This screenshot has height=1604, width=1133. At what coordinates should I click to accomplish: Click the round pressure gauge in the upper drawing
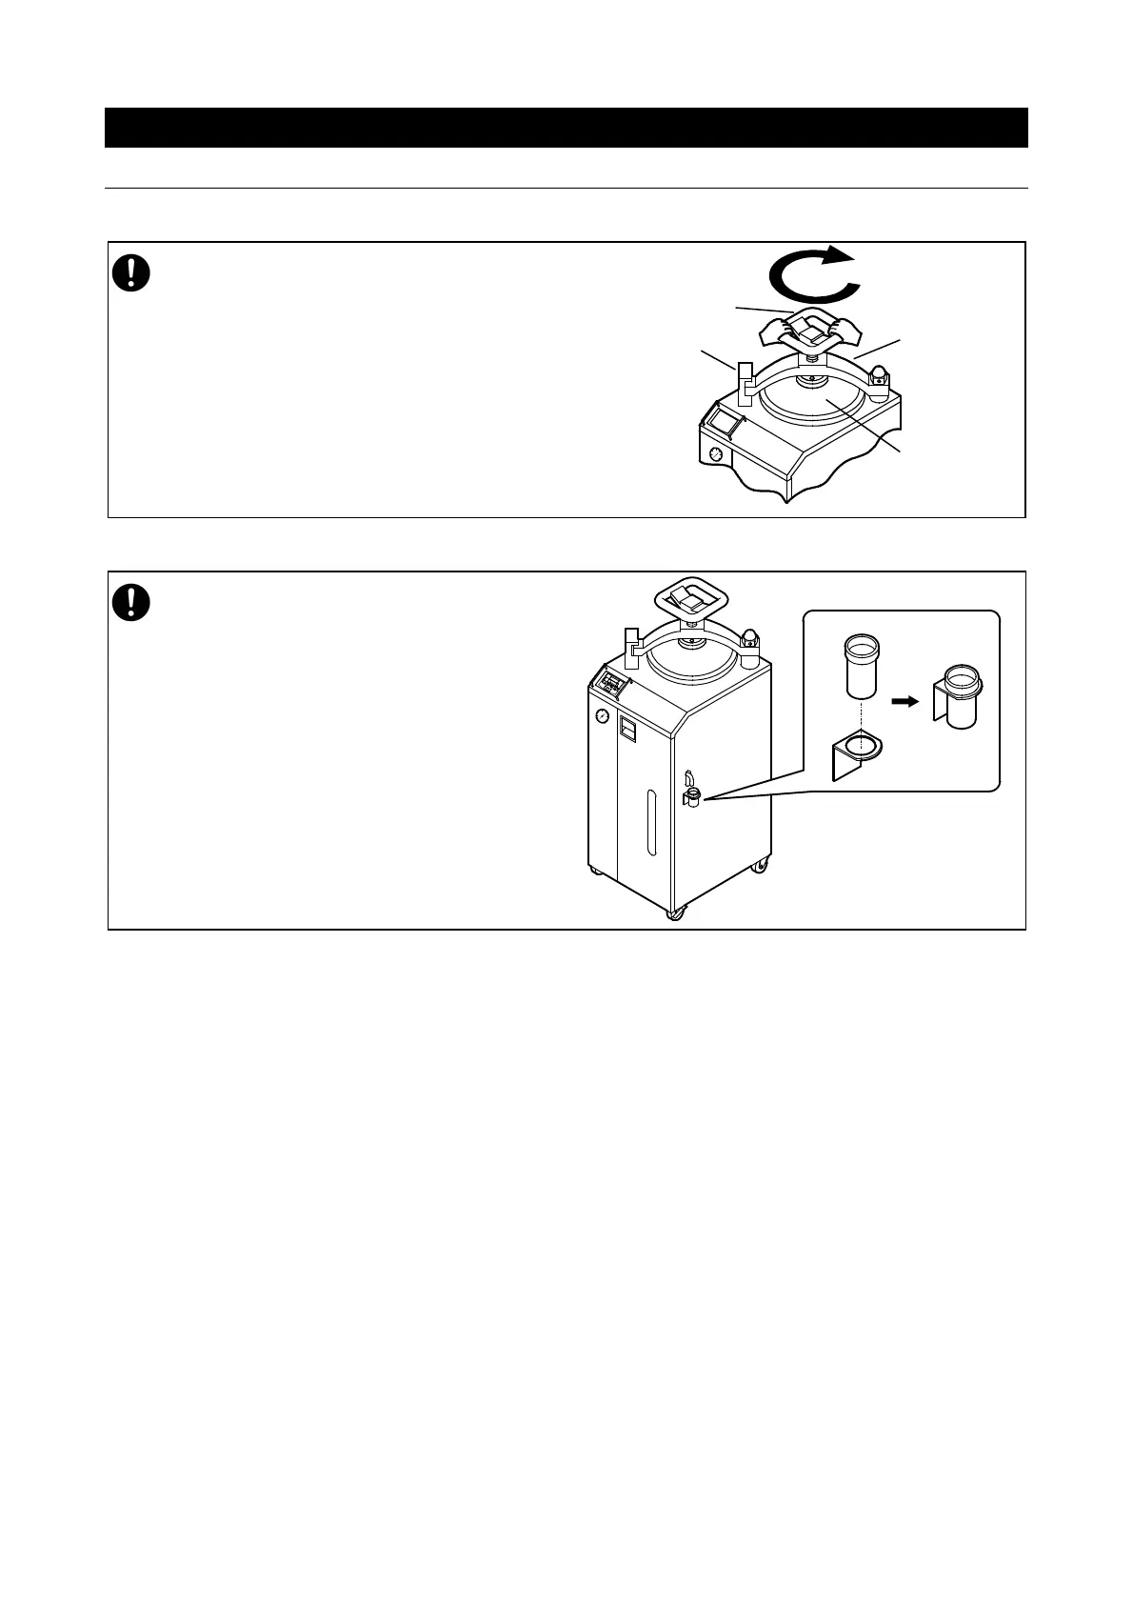[714, 455]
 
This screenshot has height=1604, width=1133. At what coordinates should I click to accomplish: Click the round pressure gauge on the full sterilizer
[602, 716]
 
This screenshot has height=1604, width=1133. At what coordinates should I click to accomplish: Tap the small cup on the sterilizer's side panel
[692, 796]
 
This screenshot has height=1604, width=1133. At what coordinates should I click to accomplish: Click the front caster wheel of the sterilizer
[674, 913]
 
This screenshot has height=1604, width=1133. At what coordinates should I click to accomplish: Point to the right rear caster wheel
[760, 865]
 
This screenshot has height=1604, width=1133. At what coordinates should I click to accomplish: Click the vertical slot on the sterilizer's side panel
[650, 824]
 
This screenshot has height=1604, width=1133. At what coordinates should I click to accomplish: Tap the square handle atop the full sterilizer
[693, 599]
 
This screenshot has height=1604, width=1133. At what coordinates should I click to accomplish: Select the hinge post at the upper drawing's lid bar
[745, 380]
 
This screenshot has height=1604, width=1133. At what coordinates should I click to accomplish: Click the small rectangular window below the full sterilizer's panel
[626, 730]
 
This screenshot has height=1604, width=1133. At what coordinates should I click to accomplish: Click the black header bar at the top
[566, 128]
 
